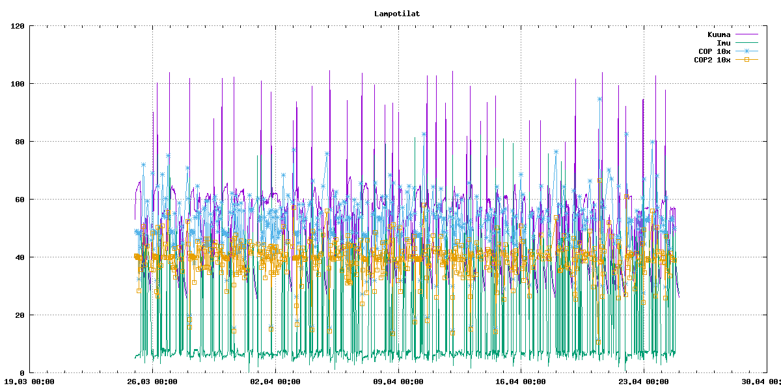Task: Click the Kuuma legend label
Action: [x=719, y=34]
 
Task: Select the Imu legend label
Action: [x=723, y=43]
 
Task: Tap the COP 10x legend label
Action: [x=715, y=51]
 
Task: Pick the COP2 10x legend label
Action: [x=712, y=60]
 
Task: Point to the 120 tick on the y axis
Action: [x=18, y=26]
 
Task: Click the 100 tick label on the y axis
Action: [x=18, y=84]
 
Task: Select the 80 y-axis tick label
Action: [x=20, y=142]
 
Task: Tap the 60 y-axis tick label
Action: [x=20, y=200]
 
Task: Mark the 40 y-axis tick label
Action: [x=20, y=257]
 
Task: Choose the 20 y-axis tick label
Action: [x=20, y=315]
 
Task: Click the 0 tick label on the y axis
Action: [x=22, y=373]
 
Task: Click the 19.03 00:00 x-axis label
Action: [x=29, y=382]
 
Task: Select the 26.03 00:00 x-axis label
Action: [x=151, y=382]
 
